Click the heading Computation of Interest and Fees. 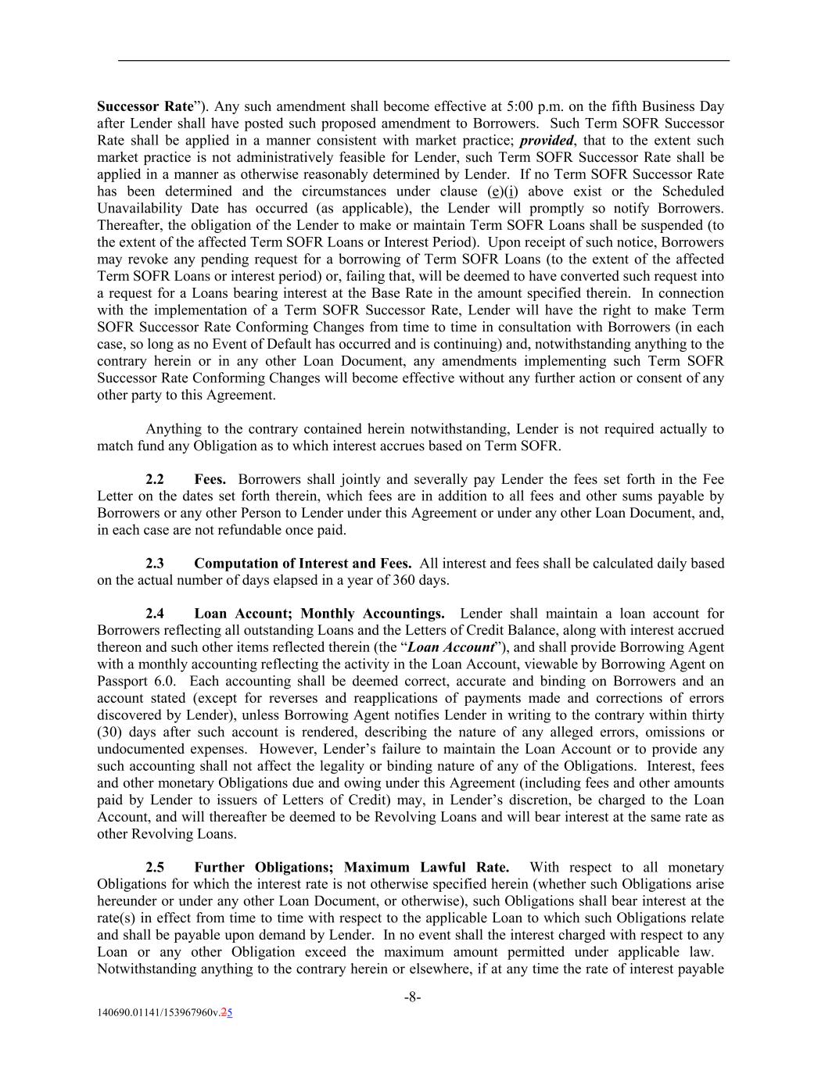coord(303,563)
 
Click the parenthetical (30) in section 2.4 coord(108,732)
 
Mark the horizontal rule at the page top coord(423,60)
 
